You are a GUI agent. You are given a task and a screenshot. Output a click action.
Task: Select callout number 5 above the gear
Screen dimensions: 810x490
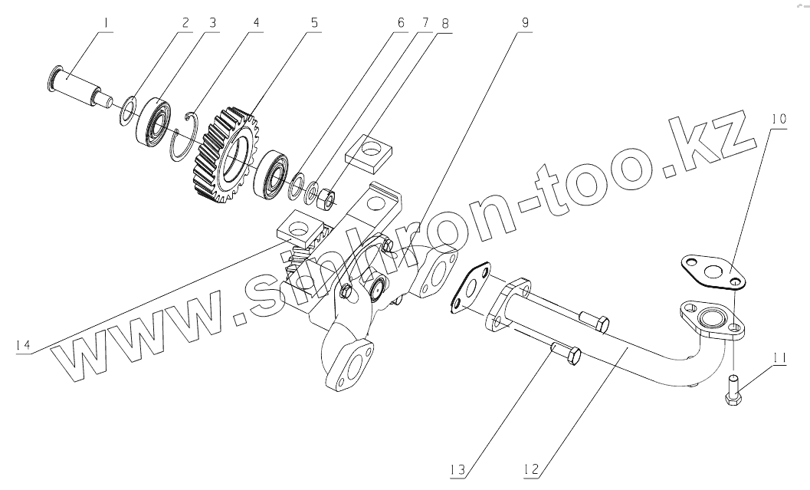(x=314, y=22)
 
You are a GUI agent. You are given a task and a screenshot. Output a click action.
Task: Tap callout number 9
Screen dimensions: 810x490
(x=524, y=22)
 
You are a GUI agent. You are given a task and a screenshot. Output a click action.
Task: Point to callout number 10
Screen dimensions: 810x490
(x=778, y=119)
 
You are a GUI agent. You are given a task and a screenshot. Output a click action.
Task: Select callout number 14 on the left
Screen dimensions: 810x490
(x=24, y=346)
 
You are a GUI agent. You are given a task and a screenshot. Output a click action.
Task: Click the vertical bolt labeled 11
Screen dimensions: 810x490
(x=732, y=388)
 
